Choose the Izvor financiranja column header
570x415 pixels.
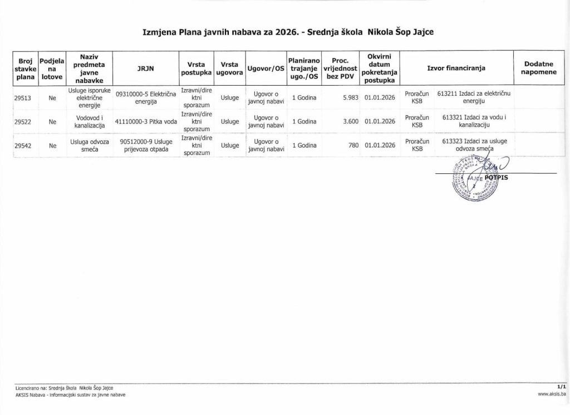coord(456,68)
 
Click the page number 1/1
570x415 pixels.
coord(561,386)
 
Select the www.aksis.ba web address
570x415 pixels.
coord(552,394)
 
